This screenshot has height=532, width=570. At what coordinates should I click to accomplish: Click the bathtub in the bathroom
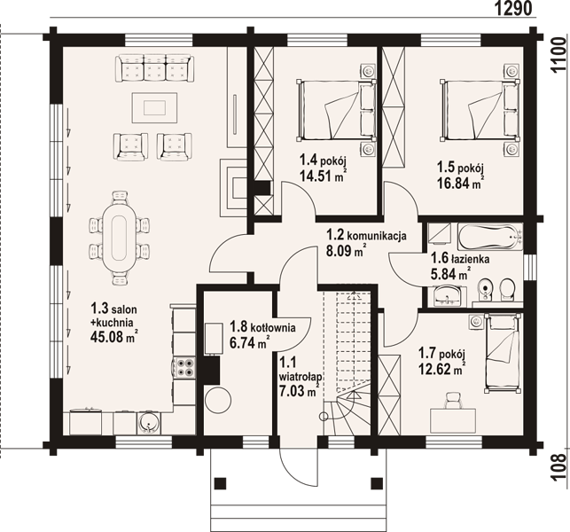click(490, 238)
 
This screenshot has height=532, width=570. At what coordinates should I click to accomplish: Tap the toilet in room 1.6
click(507, 290)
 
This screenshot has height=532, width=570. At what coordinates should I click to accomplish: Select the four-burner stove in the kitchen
click(185, 367)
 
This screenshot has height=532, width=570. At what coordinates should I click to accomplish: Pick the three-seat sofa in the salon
click(155, 68)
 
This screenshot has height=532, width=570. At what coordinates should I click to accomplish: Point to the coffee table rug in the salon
click(155, 108)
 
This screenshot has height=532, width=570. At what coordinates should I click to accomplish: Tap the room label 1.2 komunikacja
click(366, 235)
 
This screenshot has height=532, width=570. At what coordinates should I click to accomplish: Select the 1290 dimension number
click(513, 8)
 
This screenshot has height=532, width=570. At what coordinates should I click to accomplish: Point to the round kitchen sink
click(147, 423)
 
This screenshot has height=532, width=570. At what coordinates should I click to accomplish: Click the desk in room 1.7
click(453, 421)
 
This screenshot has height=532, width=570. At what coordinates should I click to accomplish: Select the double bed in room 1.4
click(336, 110)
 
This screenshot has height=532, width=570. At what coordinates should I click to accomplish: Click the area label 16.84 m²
click(461, 183)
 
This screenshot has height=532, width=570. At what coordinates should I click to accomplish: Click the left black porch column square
click(220, 483)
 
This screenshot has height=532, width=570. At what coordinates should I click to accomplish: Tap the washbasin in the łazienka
click(447, 295)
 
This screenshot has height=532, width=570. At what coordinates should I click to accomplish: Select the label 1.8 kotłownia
click(262, 327)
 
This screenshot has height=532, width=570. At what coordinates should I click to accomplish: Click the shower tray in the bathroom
click(440, 233)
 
